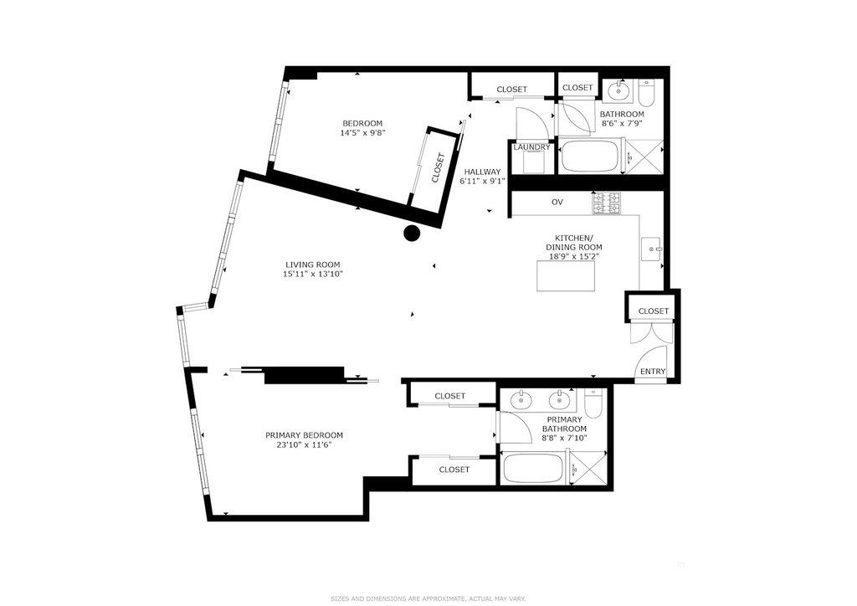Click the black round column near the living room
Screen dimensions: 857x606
412,234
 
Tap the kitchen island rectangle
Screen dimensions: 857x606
565,276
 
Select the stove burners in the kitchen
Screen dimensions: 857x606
606,203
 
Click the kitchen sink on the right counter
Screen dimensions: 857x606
651,249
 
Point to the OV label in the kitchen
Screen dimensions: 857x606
557,203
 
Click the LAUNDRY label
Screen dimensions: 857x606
531,147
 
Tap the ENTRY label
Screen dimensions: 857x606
653,371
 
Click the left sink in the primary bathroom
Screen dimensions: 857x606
521,401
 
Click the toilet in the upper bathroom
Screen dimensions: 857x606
646,94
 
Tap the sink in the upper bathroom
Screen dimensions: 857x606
618,90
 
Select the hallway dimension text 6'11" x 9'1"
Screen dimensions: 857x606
483,180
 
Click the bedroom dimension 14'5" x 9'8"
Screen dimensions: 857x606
363,132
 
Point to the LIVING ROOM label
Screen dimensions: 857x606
313,265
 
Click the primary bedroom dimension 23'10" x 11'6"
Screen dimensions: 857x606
305,444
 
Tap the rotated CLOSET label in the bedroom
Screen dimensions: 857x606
439,167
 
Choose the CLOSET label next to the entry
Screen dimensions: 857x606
654,311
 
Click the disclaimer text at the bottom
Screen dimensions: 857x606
428,598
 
